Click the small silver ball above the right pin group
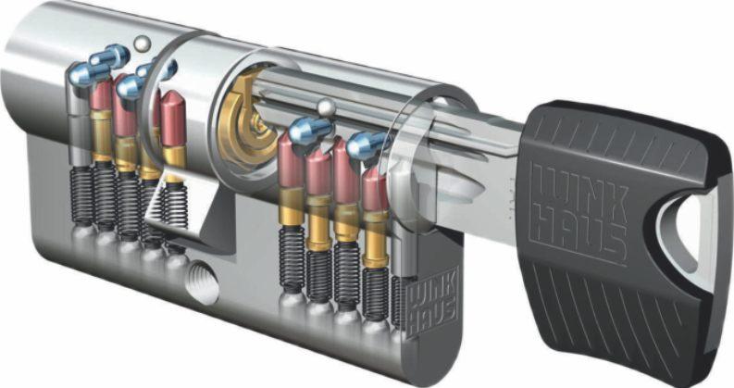[324, 106]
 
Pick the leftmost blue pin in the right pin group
[309, 131]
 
